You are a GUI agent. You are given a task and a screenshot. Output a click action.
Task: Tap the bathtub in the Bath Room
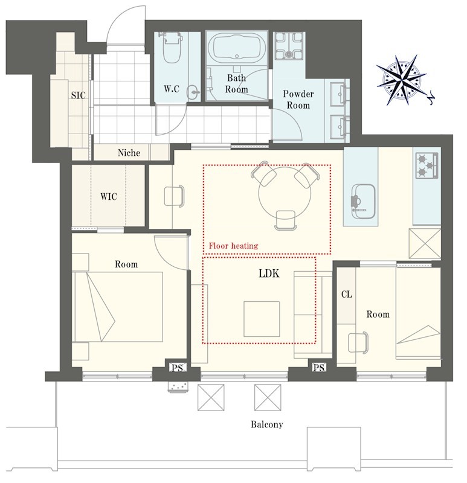point(236,48)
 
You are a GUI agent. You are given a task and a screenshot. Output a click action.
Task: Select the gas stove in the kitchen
point(427,165)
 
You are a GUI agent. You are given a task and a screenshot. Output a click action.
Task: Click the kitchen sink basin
point(363,202)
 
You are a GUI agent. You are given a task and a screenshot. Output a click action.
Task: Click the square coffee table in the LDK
point(262,319)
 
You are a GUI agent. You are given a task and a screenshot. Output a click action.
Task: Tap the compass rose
point(402,80)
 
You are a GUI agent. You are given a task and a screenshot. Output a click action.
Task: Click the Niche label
point(129,153)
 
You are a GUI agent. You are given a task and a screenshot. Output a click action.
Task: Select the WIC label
point(109,197)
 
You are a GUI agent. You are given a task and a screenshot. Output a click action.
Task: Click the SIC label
point(78,95)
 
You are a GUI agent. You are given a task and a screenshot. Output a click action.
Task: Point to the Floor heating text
point(233,246)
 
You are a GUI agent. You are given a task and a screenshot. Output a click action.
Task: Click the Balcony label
point(266,424)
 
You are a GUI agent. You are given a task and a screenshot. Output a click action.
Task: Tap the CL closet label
point(346,295)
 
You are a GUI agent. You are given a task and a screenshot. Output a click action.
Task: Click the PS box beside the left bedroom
point(178,368)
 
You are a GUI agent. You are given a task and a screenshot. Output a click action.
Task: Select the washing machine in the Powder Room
point(289,46)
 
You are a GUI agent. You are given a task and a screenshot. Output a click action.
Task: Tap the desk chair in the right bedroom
point(358,342)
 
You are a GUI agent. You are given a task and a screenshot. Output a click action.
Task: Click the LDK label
point(269,273)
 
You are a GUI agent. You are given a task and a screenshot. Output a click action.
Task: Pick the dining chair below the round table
point(286,220)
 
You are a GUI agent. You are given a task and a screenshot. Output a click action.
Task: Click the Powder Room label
point(298,100)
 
